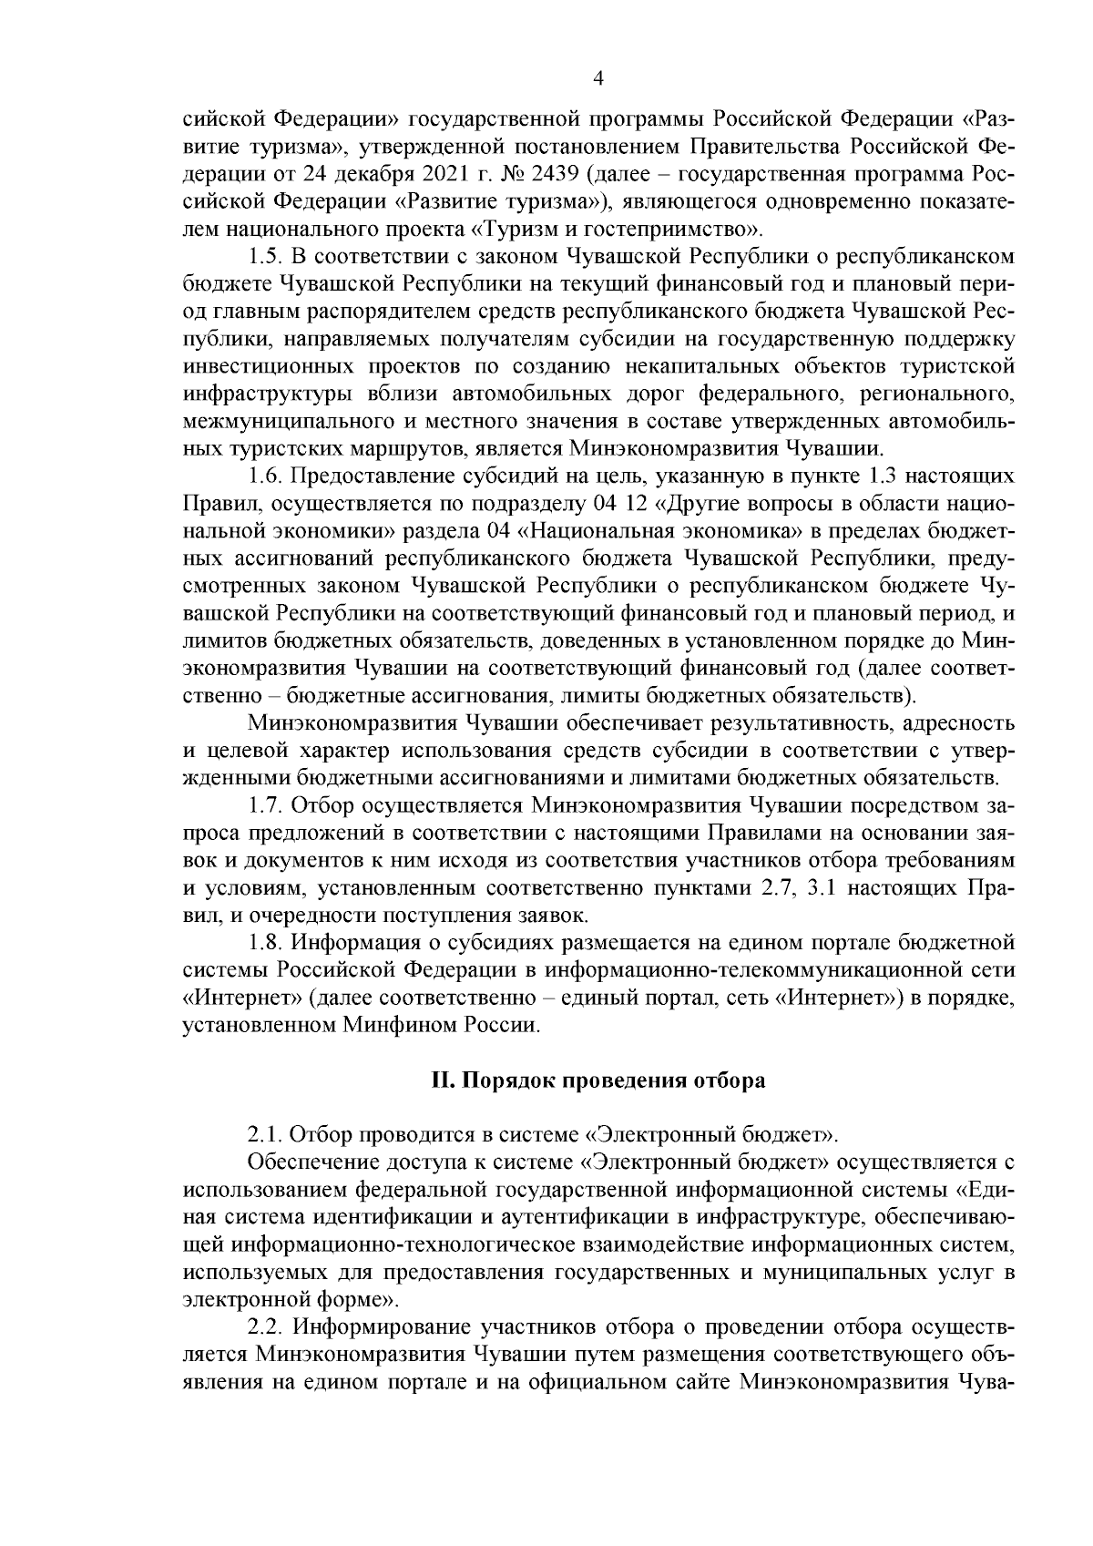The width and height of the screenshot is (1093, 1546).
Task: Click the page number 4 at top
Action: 598,79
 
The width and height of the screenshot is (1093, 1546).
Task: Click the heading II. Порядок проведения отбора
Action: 598,1080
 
